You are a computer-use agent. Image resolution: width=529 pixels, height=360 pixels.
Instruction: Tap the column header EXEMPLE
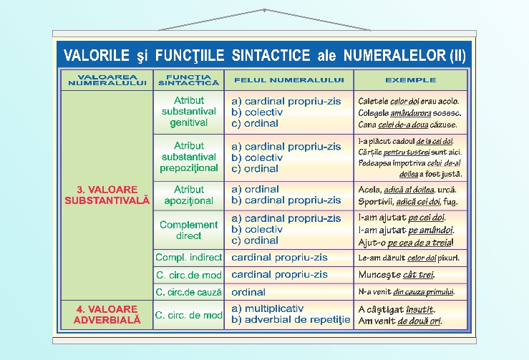(x=410, y=79)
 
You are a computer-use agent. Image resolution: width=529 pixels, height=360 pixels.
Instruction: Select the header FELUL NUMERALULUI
(x=288, y=79)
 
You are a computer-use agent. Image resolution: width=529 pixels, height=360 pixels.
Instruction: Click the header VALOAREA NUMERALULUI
(x=107, y=79)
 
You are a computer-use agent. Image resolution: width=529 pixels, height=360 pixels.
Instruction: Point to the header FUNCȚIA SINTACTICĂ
(x=188, y=79)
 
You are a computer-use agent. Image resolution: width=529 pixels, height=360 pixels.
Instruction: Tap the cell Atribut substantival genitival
(x=189, y=112)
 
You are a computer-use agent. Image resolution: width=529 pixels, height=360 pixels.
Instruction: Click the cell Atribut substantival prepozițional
(x=189, y=157)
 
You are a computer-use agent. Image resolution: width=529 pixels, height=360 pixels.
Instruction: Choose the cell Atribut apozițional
(x=189, y=195)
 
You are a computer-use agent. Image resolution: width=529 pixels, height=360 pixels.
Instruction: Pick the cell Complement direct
(x=189, y=230)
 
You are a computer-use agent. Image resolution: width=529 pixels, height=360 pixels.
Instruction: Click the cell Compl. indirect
(x=189, y=257)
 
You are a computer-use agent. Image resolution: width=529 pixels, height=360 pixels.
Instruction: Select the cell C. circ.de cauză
(x=189, y=292)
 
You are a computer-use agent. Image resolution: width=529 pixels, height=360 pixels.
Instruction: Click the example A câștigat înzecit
(x=397, y=309)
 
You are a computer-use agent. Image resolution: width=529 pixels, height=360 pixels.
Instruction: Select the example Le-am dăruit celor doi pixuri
(x=409, y=258)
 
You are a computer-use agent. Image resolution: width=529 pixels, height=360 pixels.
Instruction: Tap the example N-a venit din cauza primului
(x=406, y=292)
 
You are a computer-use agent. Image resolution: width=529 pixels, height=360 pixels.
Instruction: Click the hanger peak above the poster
(x=264, y=10)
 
